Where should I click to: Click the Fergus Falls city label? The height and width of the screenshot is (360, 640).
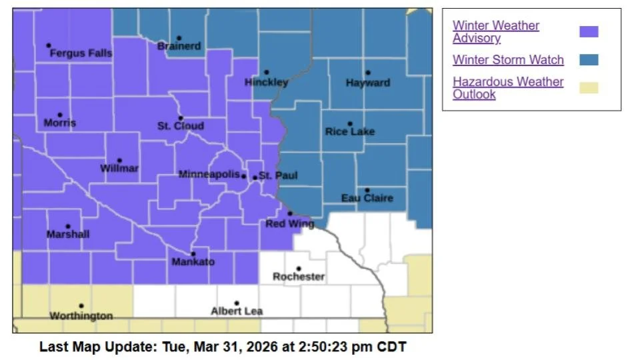pyautogui.click(x=81, y=53)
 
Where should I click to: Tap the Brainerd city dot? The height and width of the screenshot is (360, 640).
pyautogui.click(x=179, y=38)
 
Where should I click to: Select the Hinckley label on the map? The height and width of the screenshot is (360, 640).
pyautogui.click(x=266, y=83)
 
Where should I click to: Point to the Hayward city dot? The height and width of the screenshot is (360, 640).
pyautogui.click(x=367, y=73)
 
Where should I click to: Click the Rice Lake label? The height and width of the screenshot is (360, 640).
pyautogui.click(x=350, y=132)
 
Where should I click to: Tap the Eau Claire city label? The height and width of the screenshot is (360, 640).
pyautogui.click(x=367, y=198)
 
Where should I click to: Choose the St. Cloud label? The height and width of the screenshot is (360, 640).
pyautogui.click(x=181, y=126)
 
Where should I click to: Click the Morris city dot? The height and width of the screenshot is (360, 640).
pyautogui.click(x=60, y=115)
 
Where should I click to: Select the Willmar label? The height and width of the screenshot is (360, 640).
pyautogui.click(x=119, y=169)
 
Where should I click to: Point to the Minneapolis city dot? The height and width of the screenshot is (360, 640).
pyautogui.click(x=243, y=177)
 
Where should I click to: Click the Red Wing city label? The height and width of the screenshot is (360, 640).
pyautogui.click(x=289, y=224)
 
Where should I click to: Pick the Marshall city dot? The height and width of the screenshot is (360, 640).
pyautogui.click(x=68, y=227)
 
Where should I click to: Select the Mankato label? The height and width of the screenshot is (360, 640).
pyautogui.click(x=193, y=262)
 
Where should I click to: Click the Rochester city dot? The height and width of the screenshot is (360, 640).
pyautogui.click(x=298, y=268)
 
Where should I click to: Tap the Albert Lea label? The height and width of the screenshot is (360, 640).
pyautogui.click(x=237, y=311)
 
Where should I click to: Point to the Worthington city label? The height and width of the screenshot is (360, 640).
pyautogui.click(x=81, y=316)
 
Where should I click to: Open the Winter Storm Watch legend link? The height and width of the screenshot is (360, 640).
pyautogui.click(x=508, y=60)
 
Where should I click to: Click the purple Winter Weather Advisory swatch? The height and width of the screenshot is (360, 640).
pyautogui.click(x=589, y=31)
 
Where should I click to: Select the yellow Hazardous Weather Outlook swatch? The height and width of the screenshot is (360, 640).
pyautogui.click(x=589, y=88)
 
